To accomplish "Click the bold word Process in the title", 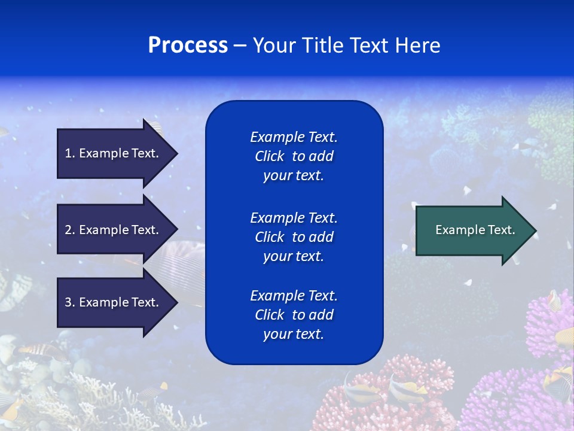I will tap(188, 45).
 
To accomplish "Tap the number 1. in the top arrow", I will tap(70, 153).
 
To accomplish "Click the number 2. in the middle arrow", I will tap(70, 230).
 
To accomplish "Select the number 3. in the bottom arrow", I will tap(70, 302).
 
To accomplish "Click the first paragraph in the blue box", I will tap(294, 156).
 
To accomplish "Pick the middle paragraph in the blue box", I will tap(294, 237).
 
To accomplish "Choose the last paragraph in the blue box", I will tap(294, 315).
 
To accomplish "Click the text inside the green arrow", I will tap(475, 230).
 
